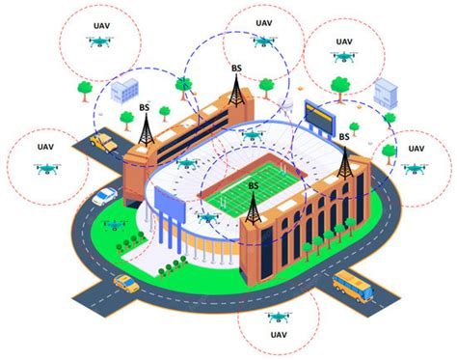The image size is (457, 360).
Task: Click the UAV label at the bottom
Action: coord(278,335)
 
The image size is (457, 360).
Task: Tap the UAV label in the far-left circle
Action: coord(45,148)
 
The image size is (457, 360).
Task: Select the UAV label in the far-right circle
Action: coord(415,148)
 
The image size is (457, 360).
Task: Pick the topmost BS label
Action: coord(237,69)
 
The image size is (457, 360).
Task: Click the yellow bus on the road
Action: coord(351,284)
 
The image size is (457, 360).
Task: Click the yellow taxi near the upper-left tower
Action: coord(101,143)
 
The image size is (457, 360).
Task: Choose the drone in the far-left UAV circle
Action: coord(45,168)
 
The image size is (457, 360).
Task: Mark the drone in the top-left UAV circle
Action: coord(99,42)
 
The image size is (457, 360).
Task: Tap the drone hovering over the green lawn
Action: coord(114,226)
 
